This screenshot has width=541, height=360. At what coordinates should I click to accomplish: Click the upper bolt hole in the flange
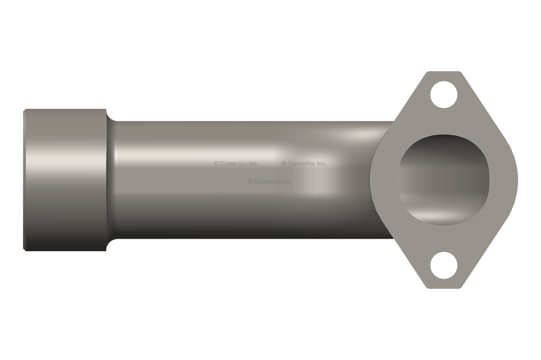443,95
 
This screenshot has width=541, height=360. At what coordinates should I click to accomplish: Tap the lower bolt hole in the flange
443,266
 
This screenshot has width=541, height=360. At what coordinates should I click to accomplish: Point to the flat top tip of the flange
444,73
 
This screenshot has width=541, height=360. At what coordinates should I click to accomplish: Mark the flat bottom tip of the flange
444,287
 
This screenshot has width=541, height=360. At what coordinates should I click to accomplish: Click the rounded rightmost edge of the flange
516,179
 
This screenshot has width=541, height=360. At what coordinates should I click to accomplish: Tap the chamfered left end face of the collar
25,179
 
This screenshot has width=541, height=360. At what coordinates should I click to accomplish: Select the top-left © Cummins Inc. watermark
236,164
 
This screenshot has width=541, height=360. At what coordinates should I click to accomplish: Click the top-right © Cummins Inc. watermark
304,164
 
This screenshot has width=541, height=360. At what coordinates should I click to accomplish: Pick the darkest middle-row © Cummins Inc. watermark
270,182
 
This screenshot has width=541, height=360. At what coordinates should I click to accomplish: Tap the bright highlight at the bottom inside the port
441,216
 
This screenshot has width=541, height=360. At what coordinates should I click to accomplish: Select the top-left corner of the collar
25,110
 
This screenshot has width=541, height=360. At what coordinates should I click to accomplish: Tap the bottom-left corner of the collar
25,249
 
